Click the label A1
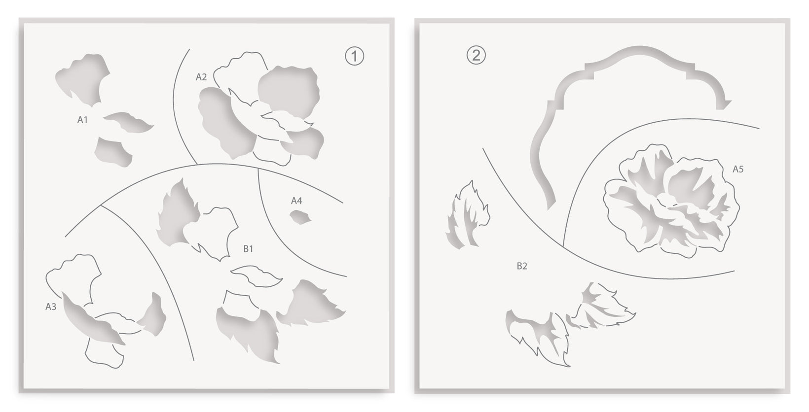(82, 119)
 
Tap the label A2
(201, 77)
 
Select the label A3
(50, 307)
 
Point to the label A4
(296, 201)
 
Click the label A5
(738, 169)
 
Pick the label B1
(248, 248)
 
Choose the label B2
(522, 266)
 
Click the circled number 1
(354, 56)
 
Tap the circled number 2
(476, 55)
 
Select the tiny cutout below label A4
(300, 217)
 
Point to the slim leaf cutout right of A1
(129, 122)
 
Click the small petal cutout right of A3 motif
(153, 314)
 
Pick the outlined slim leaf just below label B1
(257, 276)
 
